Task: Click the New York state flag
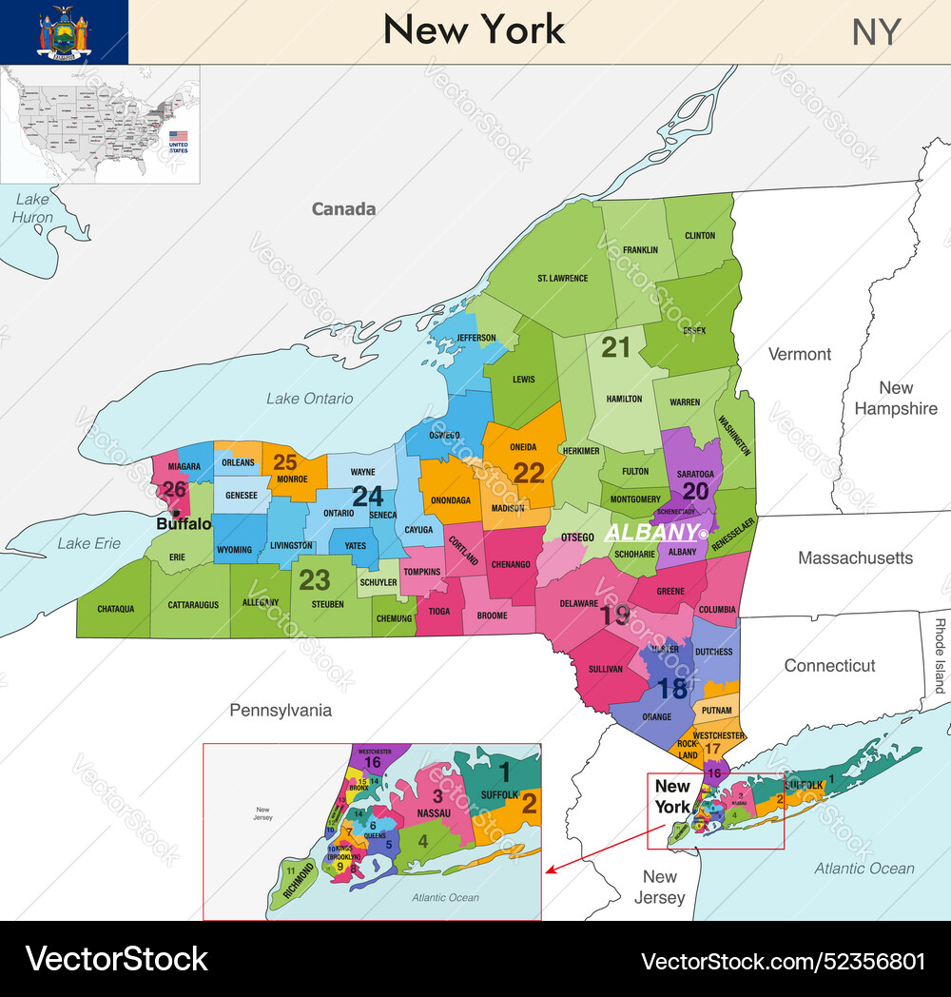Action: [64, 31]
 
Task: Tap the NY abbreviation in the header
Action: [875, 32]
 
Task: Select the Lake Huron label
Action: [31, 207]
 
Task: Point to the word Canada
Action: [343, 209]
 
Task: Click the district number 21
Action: [615, 348]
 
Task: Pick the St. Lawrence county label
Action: [562, 279]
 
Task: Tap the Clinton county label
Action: [699, 236]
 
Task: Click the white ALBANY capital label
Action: [651, 532]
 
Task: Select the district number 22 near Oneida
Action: [529, 472]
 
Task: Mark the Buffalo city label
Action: [184, 524]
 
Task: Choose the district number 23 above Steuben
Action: [315, 578]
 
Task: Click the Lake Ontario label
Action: [309, 399]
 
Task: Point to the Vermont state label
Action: [799, 354]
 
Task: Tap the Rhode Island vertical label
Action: [939, 655]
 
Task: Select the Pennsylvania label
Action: [281, 710]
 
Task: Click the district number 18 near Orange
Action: [672, 688]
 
